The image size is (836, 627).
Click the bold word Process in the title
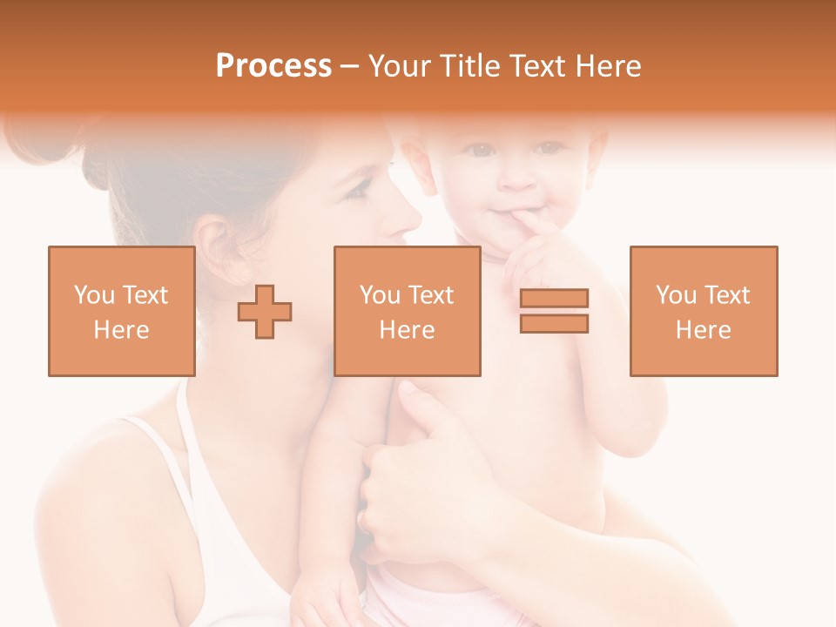[x=273, y=65]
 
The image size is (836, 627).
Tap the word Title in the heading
[x=469, y=65]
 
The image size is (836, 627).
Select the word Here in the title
[x=606, y=65]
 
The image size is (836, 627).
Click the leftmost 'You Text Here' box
[x=122, y=311]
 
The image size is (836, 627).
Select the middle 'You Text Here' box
[x=407, y=311]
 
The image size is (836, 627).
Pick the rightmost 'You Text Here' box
[x=703, y=311]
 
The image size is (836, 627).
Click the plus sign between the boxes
[x=265, y=311]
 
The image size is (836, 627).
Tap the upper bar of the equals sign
[x=554, y=298]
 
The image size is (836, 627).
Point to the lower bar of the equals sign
[x=554, y=324]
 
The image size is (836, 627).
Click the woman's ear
[x=213, y=248]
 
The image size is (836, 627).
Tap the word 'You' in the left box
[x=94, y=295]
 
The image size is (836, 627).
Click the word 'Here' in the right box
[x=703, y=330]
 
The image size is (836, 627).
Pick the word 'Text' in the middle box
[x=430, y=295]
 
